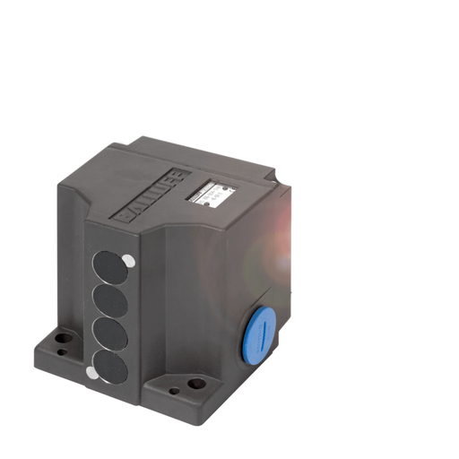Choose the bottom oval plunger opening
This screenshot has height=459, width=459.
point(110,364)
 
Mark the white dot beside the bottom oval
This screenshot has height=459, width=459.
point(91,372)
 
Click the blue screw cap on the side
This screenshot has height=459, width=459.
point(258,334)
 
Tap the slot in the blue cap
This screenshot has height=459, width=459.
point(260,334)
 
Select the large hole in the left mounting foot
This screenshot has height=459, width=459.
point(64,340)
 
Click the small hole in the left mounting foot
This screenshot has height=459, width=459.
point(62,352)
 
